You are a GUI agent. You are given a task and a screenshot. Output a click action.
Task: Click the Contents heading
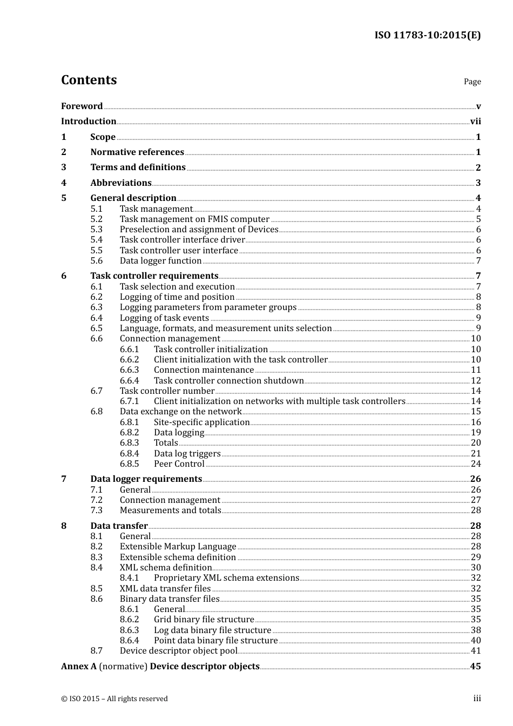point(89,80)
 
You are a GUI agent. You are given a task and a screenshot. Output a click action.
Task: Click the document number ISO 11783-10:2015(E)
point(427,35)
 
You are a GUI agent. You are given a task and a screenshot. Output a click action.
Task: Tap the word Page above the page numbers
point(472,82)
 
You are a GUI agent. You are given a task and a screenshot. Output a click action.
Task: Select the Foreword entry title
point(82,106)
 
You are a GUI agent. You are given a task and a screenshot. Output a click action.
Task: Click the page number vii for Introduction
point(475,122)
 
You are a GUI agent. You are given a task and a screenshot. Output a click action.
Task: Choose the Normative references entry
point(137,152)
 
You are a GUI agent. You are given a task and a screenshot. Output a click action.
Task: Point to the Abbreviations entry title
point(121,183)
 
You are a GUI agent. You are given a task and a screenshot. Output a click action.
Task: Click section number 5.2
point(97,219)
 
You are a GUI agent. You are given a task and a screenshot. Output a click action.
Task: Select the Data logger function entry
point(160,261)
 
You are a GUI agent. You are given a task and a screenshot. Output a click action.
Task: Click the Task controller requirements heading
point(154,276)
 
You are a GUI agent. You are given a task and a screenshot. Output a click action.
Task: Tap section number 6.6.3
point(129,370)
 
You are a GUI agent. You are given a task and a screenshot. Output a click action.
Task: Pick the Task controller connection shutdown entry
point(228,381)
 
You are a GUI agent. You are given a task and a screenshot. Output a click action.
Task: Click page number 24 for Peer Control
point(476,464)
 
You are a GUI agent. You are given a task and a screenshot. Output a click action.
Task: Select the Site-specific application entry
point(201,422)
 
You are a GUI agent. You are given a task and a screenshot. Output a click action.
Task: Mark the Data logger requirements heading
point(146,479)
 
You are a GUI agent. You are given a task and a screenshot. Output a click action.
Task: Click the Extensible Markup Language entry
point(178,547)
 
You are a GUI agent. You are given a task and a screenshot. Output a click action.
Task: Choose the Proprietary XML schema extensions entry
point(226,578)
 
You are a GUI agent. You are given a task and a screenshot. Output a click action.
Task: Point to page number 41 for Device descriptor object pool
point(476,651)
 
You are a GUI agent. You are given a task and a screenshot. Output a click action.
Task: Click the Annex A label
point(78,667)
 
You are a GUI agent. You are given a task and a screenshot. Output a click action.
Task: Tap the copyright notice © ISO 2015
point(114,699)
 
